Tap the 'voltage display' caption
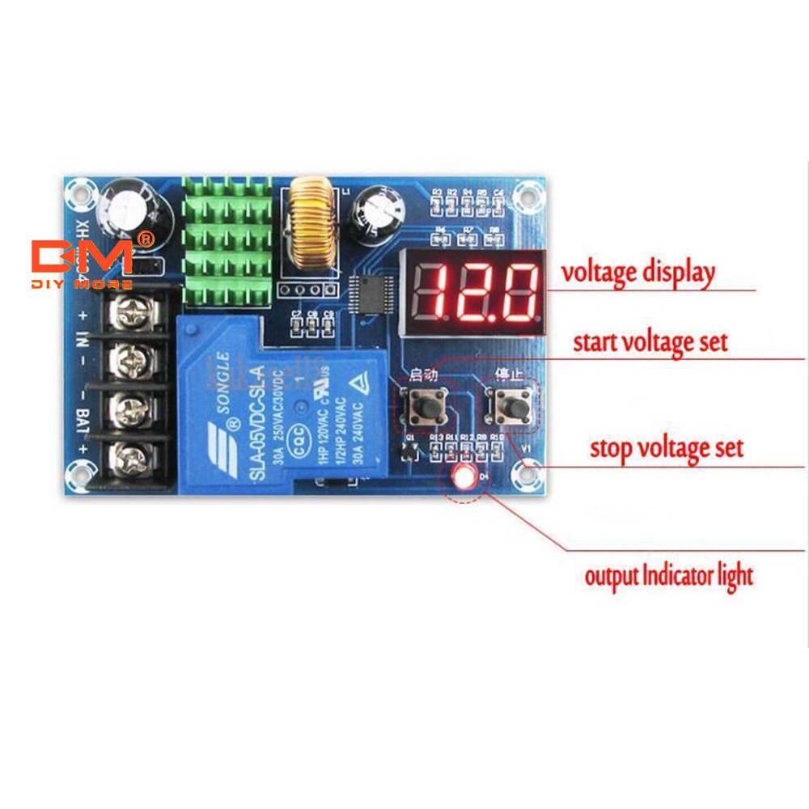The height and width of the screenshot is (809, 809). (x=638, y=273)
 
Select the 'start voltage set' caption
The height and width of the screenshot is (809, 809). (x=650, y=341)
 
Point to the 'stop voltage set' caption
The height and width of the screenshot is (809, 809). (x=666, y=447)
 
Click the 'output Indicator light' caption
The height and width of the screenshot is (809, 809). (x=668, y=576)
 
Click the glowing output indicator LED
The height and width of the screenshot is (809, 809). (x=464, y=477)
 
